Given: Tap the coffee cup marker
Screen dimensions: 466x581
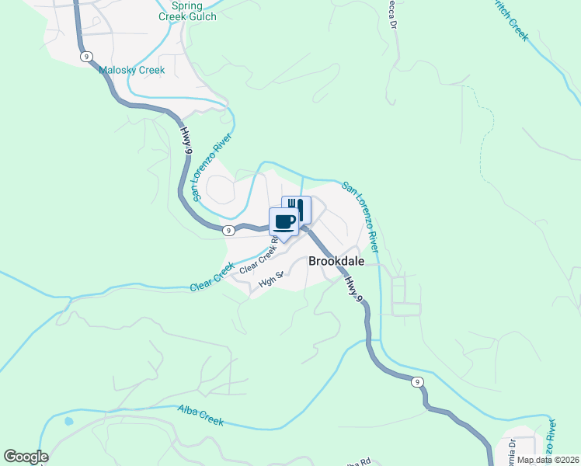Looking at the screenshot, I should tap(284, 221).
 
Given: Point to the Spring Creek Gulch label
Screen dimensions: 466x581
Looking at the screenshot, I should tap(187, 10).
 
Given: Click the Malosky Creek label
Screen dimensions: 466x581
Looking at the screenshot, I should tap(132, 70).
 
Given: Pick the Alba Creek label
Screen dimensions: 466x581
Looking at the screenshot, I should tap(200, 416).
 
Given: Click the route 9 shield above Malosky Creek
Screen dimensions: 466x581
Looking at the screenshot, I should tap(85, 56).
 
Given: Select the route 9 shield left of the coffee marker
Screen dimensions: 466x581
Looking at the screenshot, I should tap(228, 230).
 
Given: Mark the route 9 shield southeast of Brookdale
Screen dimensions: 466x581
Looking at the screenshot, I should tap(417, 381).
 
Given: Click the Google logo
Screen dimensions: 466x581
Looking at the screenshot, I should tap(26, 457).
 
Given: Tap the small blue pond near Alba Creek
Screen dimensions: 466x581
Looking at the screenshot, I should tap(69, 422).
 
